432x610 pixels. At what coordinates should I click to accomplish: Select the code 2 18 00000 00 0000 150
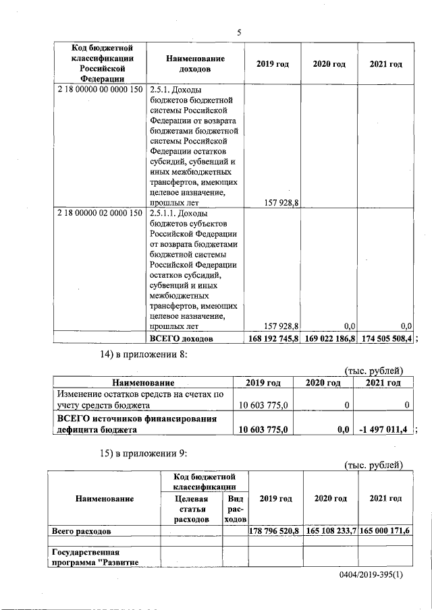[100, 89]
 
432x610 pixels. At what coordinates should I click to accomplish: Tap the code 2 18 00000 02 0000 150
[100, 212]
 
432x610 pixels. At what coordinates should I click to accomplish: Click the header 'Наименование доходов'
[195, 64]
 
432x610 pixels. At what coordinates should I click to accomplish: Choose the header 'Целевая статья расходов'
[191, 508]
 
